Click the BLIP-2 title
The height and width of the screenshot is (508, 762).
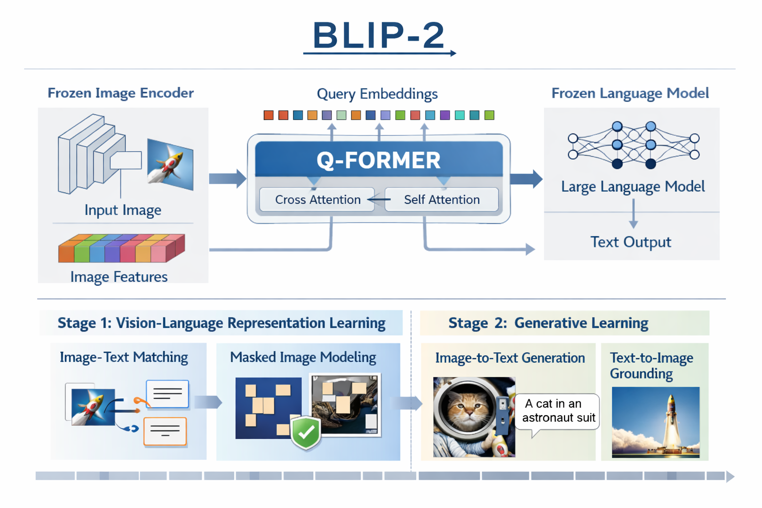pyautogui.click(x=379, y=35)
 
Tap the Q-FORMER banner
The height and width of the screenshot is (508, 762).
pyautogui.click(x=379, y=160)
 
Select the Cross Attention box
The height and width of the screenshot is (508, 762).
pyautogui.click(x=317, y=199)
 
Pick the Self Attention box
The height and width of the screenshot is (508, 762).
pyautogui.click(x=442, y=199)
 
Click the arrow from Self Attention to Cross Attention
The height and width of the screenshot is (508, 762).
pyautogui.click(x=379, y=199)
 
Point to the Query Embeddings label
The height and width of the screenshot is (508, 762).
pyautogui.click(x=377, y=94)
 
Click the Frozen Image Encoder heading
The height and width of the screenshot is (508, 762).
pyautogui.click(x=121, y=93)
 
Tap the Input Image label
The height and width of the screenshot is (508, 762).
pyautogui.click(x=123, y=210)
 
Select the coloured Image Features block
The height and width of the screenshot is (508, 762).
pyautogui.click(x=122, y=248)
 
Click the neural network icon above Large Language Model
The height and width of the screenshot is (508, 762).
pyautogui.click(x=634, y=144)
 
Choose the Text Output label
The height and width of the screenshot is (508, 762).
pyautogui.click(x=631, y=242)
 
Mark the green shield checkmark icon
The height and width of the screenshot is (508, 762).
pyautogui.click(x=306, y=433)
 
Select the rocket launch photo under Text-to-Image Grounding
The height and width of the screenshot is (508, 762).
pyautogui.click(x=655, y=422)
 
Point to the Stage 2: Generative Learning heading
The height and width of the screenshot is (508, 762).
pyautogui.click(x=548, y=323)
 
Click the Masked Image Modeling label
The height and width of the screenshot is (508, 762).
pyautogui.click(x=303, y=357)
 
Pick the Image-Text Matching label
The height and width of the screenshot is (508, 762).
pyautogui.click(x=124, y=357)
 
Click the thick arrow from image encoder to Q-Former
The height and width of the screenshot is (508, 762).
pyautogui.click(x=227, y=179)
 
